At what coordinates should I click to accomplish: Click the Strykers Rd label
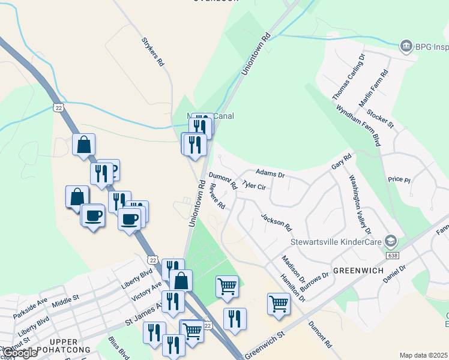152,52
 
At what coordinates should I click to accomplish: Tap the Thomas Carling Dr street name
349,77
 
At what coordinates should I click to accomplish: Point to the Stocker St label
380,118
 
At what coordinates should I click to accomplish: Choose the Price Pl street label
399,179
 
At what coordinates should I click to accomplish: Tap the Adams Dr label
270,173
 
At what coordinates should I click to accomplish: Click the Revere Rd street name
217,196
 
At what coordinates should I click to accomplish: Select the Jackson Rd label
276,222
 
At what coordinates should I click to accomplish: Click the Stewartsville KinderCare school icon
391,241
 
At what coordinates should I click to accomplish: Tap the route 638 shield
393,255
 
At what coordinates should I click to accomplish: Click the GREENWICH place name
358,271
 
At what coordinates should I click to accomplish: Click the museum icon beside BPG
406,46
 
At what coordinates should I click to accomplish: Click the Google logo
20,352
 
